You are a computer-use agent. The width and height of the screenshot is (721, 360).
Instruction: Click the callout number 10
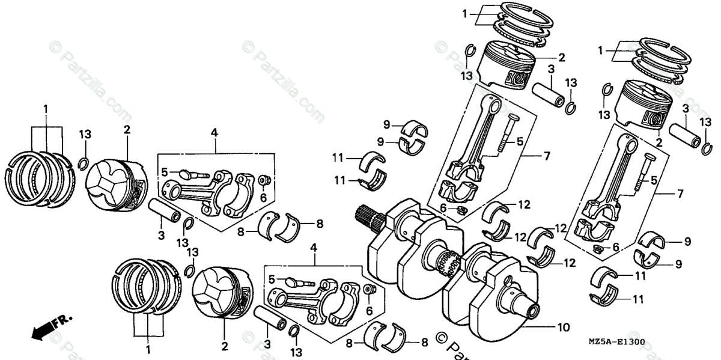(563, 328)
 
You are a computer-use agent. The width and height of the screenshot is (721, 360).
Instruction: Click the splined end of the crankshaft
(368, 217)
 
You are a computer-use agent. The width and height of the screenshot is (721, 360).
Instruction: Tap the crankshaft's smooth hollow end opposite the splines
(531, 309)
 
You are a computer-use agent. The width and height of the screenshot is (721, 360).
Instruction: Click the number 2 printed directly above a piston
(127, 129)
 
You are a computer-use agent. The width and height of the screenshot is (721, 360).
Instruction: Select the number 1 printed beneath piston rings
(148, 347)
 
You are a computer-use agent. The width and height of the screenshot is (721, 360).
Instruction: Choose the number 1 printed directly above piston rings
(44, 108)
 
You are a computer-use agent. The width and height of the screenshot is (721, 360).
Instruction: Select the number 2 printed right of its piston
(561, 58)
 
